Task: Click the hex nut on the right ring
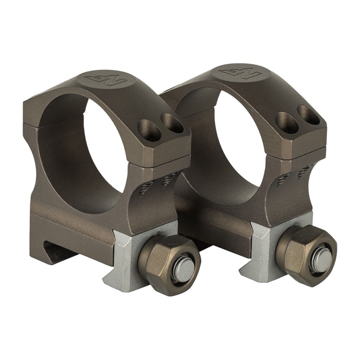[x=305, y=248]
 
